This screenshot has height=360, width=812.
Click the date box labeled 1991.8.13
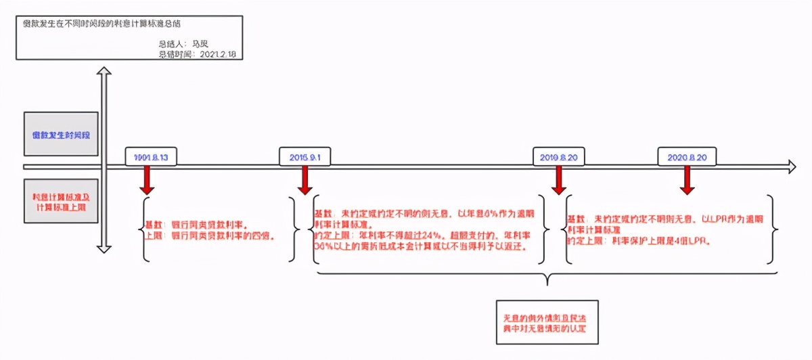151,157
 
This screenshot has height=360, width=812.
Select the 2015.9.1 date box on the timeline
304,157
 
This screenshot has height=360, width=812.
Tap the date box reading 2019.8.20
558,157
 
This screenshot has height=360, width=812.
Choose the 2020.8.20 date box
686,157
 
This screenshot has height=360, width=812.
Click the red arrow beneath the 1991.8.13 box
145,181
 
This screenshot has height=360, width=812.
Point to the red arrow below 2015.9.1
305,181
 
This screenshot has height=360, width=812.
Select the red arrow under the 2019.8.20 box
558,181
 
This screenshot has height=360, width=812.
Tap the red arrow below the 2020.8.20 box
687,181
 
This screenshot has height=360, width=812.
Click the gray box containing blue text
61,134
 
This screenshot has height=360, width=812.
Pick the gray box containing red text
61,201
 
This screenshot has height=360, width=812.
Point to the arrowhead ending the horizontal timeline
790,166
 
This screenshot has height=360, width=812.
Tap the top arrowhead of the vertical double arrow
104,72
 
